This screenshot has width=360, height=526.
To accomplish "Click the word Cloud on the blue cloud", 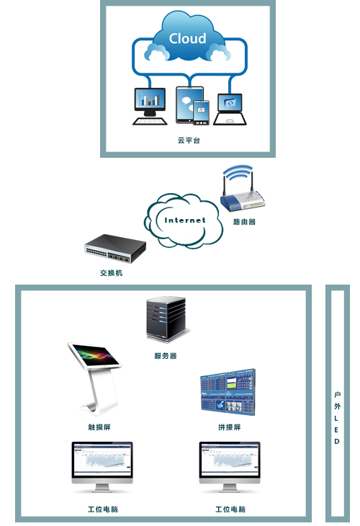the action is pos(187,38).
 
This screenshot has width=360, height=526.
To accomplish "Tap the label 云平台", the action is pos(189,141).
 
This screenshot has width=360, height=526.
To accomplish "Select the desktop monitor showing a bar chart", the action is pos(150,106).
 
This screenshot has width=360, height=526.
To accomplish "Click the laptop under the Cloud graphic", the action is pos(230,110).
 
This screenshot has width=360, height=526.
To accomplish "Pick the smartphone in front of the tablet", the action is pos(201,112).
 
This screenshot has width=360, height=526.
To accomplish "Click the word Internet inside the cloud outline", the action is pos(185,220).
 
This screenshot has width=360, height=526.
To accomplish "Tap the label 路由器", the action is pos(244,222).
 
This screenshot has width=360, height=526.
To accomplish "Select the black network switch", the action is pos(115,249).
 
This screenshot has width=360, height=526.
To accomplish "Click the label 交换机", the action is pos(112,273).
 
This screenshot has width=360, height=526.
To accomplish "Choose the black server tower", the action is pos(166,319).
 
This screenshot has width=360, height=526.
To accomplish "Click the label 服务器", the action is pos(166,356).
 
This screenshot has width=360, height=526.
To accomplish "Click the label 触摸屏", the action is pos(99,427).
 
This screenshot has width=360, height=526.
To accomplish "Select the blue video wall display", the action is pos(228,392).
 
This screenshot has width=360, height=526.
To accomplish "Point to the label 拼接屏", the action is pos(230,427).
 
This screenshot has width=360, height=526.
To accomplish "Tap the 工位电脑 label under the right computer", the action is pos(230,509).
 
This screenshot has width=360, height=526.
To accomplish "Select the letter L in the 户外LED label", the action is pos(336,419).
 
